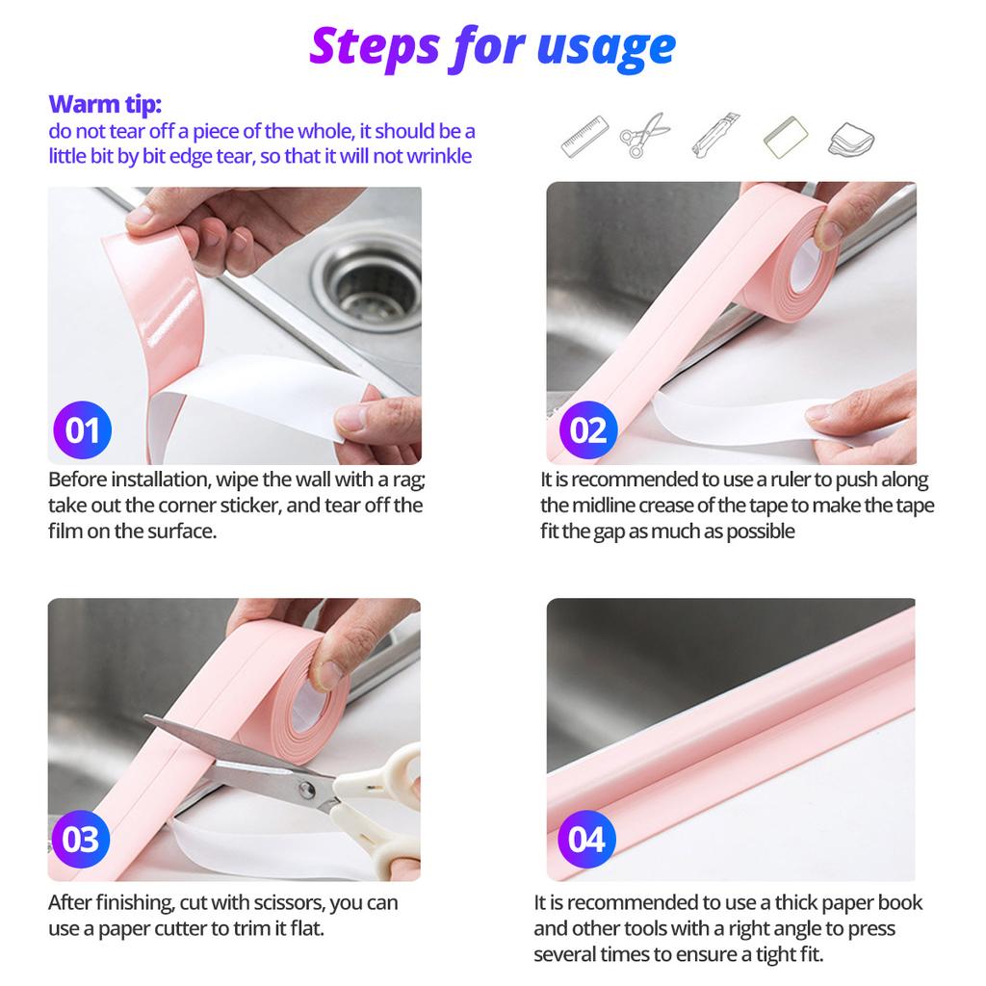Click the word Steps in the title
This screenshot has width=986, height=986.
pos(375,46)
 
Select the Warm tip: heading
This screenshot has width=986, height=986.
pos(105,104)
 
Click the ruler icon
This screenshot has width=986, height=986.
pos(584,136)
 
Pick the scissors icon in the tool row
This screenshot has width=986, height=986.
pos(644,135)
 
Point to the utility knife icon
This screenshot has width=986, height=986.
pos(715,134)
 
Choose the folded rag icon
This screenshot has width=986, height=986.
pos(851,139)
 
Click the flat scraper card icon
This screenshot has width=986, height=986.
pos(786,137)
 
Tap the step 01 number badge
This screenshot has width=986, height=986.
pos(83,430)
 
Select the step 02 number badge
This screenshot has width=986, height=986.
pos(588,430)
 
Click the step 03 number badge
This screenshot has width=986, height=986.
pos(81,839)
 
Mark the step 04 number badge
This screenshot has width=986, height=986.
pos(586,839)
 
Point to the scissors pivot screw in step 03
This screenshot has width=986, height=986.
pos(306,790)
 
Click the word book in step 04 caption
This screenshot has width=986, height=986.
pos(900,903)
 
